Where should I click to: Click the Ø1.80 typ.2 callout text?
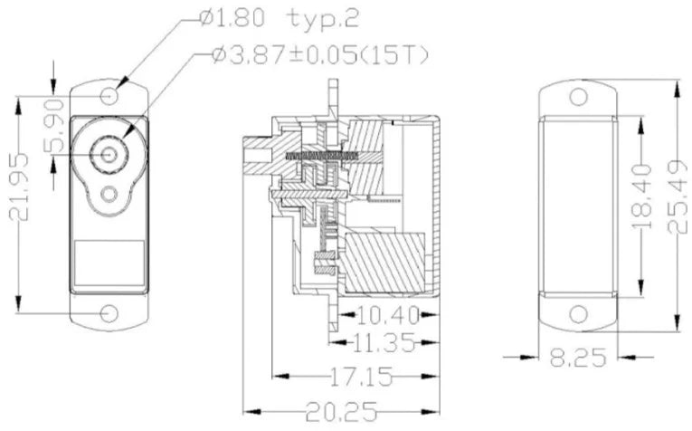(x=279, y=18)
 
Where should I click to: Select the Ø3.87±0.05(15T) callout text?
(x=319, y=55)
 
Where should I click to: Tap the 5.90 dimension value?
(x=54, y=126)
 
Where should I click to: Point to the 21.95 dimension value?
(x=19, y=187)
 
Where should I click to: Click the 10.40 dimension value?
(x=387, y=315)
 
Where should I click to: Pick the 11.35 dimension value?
(x=384, y=342)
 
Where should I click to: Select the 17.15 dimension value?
(x=361, y=377)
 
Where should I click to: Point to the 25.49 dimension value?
(x=677, y=196)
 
